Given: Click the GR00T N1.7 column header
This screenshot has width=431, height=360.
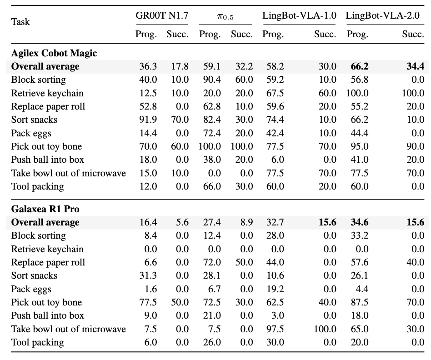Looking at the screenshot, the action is pyautogui.click(x=162, y=15).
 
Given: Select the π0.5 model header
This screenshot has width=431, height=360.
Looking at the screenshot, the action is pyautogui.click(x=225, y=16).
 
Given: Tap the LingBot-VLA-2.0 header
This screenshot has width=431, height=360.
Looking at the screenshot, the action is pyautogui.click(x=383, y=15).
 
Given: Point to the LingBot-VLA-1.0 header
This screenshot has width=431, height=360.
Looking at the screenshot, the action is pyautogui.click(x=299, y=15).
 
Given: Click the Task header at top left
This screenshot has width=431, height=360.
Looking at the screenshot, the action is pyautogui.click(x=20, y=22).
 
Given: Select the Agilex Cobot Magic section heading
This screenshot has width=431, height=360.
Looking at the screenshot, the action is pyautogui.click(x=54, y=53).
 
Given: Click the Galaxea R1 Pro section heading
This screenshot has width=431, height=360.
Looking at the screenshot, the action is pyautogui.click(x=45, y=209).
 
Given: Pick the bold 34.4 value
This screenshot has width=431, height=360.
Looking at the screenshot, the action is pyautogui.click(x=416, y=66).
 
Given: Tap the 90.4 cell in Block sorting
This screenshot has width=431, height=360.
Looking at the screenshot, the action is pyautogui.click(x=212, y=80).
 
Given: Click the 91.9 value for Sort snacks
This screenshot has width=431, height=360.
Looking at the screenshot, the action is pyautogui.click(x=148, y=120).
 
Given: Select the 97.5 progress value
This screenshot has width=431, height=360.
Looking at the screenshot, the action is pyautogui.click(x=275, y=329).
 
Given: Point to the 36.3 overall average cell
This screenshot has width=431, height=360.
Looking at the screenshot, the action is pyautogui.click(x=148, y=66).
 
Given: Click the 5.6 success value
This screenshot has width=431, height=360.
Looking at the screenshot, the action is pyautogui.click(x=182, y=222).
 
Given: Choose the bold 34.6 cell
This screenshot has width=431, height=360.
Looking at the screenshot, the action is pyautogui.click(x=360, y=222).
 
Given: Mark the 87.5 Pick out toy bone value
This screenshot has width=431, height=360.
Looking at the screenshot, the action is pyautogui.click(x=360, y=302).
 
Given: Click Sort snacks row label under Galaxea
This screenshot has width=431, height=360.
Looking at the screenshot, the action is pyautogui.click(x=35, y=275).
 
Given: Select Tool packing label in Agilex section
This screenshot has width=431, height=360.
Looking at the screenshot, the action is pyautogui.click(x=38, y=187).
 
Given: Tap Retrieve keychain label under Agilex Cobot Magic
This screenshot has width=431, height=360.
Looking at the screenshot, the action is pyautogui.click(x=47, y=93).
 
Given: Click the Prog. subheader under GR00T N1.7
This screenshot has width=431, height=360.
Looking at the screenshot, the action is pyautogui.click(x=146, y=35).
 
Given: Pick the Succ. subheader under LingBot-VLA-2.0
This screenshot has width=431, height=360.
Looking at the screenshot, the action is pyautogui.click(x=413, y=34).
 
